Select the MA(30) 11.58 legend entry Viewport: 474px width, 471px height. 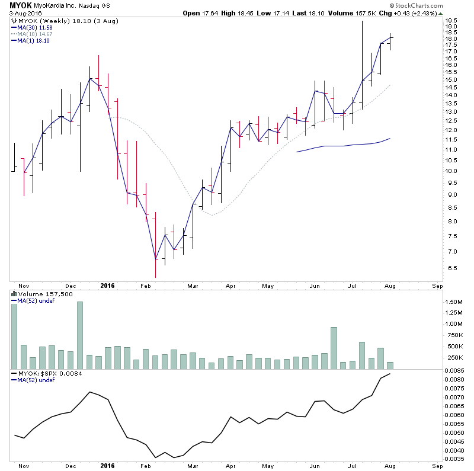pyautogui.click(x=35, y=27)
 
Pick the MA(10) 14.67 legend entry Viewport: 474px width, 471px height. pyautogui.click(x=35, y=34)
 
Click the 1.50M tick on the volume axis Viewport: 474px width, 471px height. pyautogui.click(x=453, y=302)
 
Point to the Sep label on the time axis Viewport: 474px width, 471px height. pyautogui.click(x=437, y=286)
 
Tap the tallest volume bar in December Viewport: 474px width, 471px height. pyautogui.click(x=80, y=335)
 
